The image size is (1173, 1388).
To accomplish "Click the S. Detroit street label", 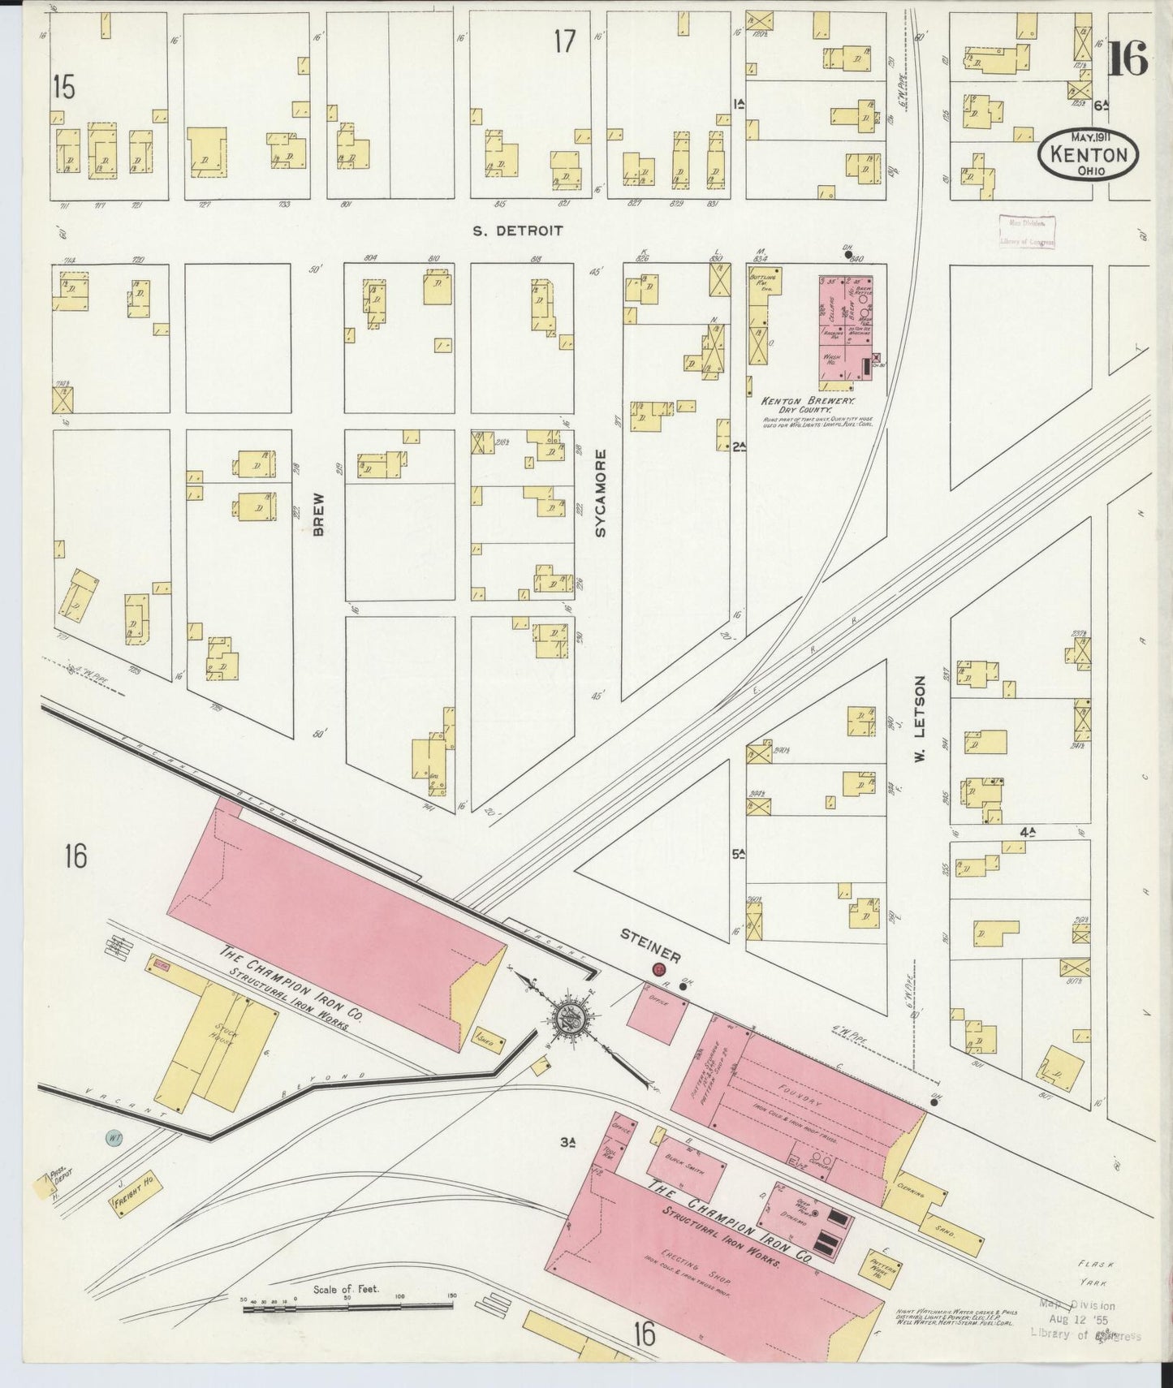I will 518,231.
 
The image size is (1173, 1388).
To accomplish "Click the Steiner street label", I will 650,946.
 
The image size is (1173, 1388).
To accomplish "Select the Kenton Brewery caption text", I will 809,401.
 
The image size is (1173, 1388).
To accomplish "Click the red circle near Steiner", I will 659,968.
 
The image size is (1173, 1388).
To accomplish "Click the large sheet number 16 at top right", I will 1127,58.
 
